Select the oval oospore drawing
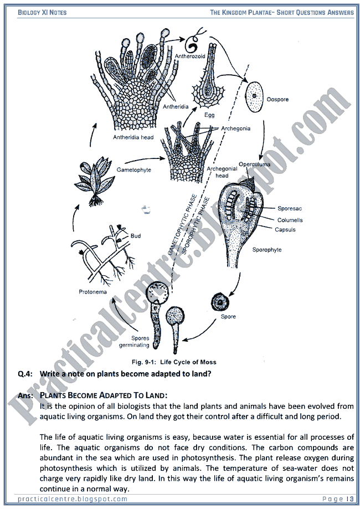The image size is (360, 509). click(255, 95)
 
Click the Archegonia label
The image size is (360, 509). click(236, 128)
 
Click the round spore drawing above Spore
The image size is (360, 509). click(222, 302)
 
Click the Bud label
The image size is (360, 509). click(136, 236)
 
